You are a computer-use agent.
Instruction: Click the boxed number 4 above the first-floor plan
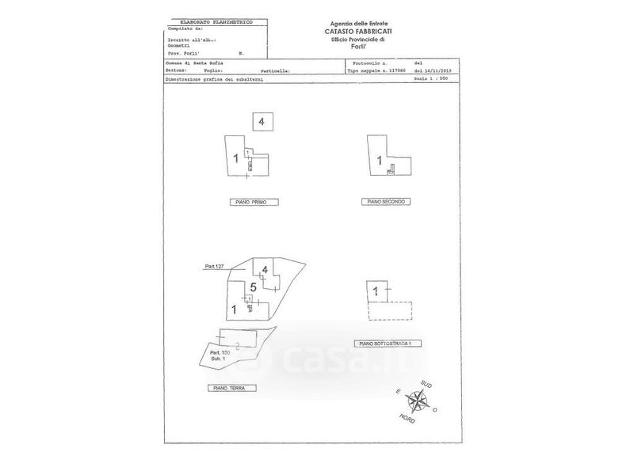pos(263,121)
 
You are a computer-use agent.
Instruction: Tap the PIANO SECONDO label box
pos(387,202)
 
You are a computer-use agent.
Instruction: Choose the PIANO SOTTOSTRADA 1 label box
pos(388,344)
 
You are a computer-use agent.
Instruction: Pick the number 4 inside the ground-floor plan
pos(265,271)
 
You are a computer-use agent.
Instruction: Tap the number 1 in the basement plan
pos(376,291)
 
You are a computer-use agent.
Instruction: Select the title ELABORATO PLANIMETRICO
pos(215,22)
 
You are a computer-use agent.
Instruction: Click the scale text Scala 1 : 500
pos(439,80)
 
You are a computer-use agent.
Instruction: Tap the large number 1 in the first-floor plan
pos(236,158)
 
